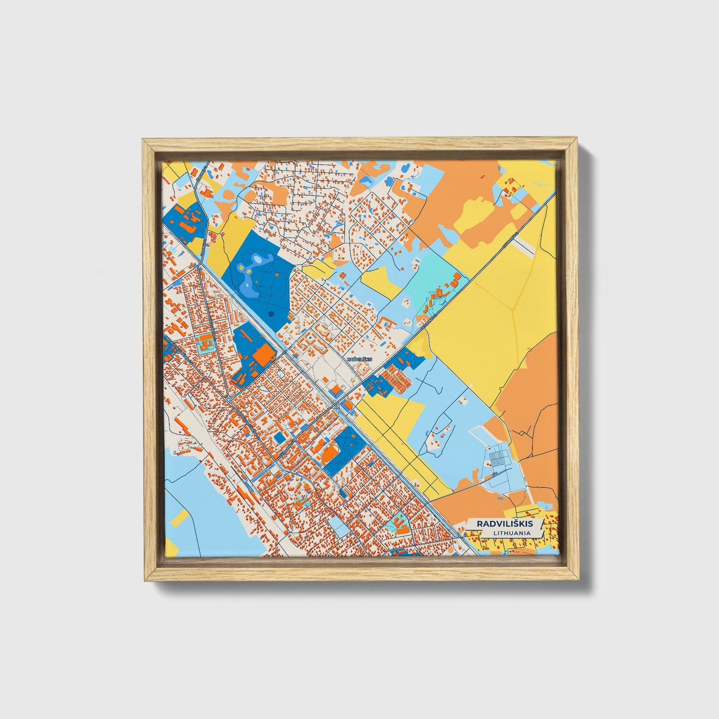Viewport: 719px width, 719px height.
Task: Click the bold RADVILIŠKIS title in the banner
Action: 504,523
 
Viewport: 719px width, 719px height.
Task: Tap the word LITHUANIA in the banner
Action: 512,533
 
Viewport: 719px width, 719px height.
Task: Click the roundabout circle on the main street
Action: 228,400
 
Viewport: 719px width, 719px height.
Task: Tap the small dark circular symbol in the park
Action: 271,314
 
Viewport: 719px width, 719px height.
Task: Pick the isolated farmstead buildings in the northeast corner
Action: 511,187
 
